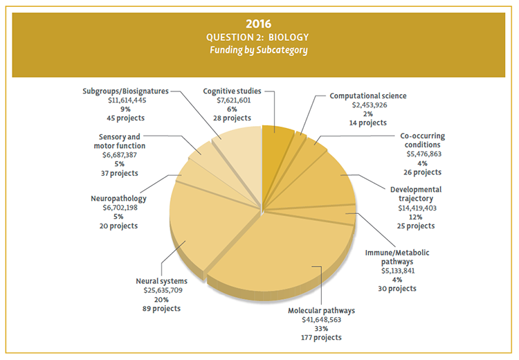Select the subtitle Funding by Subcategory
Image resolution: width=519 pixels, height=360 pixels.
tap(259, 50)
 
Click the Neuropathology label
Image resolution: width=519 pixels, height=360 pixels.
tap(118, 199)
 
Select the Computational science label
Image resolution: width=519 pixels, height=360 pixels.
tap(368, 96)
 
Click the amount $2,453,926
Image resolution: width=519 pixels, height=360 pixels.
tap(368, 105)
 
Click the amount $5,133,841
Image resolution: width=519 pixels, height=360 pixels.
tap(397, 271)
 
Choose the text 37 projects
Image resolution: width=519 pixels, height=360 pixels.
tap(118, 172)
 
